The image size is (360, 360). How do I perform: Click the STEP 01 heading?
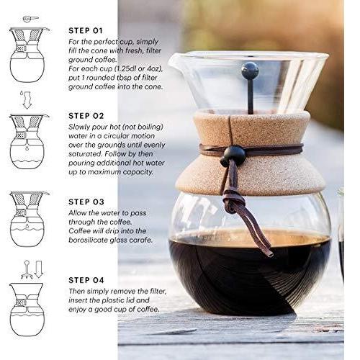click(86, 31)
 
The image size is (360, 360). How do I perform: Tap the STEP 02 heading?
click(86, 116)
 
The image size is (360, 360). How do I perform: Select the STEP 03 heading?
click(86, 202)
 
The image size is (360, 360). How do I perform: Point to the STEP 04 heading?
click(86, 280)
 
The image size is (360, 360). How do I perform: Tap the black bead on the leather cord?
click(232, 156)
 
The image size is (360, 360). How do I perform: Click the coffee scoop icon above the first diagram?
click(31, 19)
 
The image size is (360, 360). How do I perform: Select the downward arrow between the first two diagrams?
click(27, 101)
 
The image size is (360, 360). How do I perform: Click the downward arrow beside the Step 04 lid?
click(39, 269)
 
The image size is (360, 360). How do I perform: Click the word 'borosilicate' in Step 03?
click(88, 240)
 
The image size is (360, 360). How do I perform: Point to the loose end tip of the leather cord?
click(271, 255)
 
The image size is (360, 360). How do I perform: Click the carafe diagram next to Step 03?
click(27, 220)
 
